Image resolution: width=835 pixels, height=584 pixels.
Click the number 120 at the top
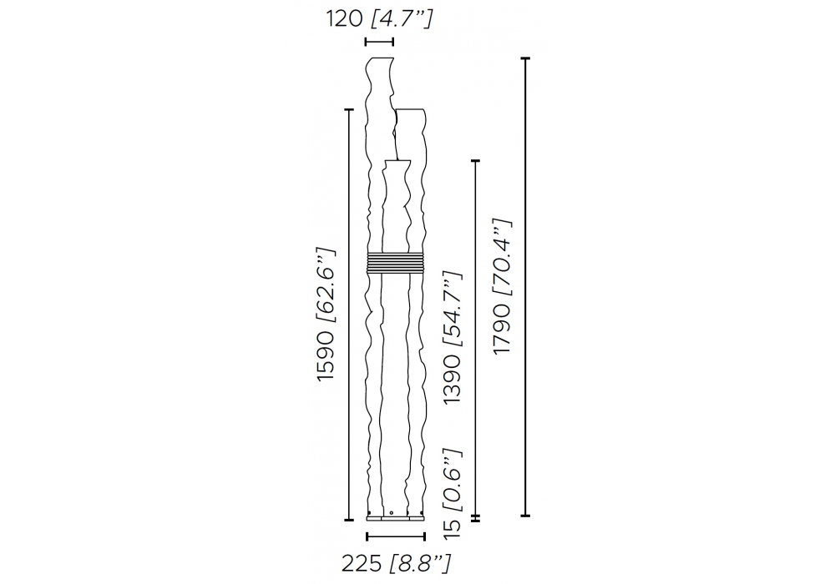[x=345, y=19]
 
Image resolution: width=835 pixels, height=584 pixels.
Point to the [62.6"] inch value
[x=326, y=284]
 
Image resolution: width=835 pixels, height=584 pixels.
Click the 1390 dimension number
[x=453, y=379]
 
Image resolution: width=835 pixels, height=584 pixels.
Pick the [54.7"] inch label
[x=453, y=310]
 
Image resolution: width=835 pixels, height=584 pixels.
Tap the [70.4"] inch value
[x=502, y=258]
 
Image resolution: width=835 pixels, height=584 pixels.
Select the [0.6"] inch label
[x=453, y=481]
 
